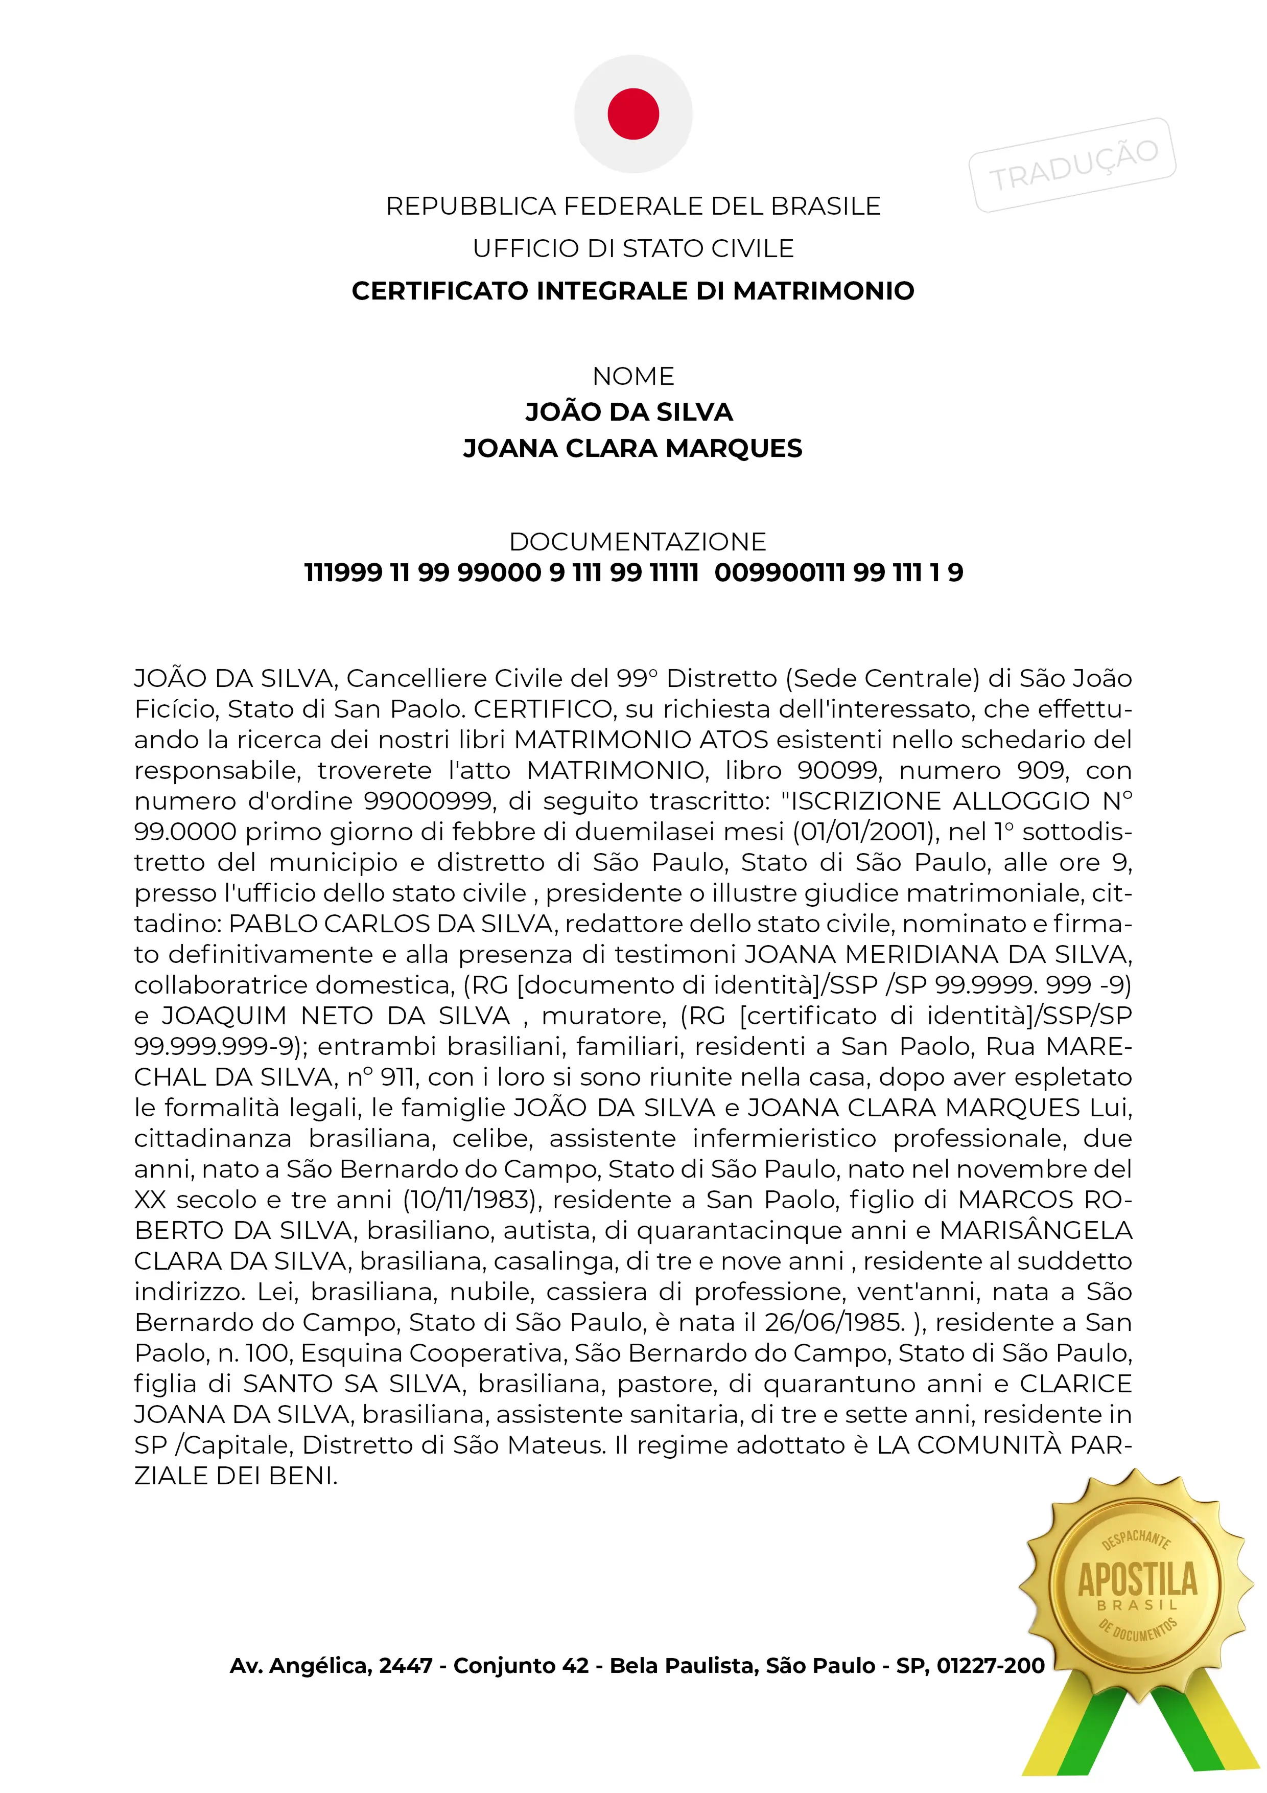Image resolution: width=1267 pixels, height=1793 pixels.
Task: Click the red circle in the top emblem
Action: tap(633, 114)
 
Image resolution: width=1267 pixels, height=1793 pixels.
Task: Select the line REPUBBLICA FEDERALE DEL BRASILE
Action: tap(633, 206)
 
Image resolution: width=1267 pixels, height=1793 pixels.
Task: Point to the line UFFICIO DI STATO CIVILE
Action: tap(633, 248)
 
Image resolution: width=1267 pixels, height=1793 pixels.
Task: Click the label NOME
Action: tap(633, 376)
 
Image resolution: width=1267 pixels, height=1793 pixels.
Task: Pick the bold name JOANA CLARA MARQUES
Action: tap(633, 448)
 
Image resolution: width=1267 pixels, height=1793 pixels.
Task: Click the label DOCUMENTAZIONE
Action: tap(638, 541)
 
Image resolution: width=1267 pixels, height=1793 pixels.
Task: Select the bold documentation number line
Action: tap(633, 572)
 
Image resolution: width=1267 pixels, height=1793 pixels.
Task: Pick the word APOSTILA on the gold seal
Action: tap(1137, 1579)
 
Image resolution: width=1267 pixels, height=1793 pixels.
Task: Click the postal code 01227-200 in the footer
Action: tap(990, 1666)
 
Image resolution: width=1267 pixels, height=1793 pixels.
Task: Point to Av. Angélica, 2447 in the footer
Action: tap(331, 1666)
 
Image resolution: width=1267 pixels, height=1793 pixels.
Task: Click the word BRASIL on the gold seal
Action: tap(1137, 1605)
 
